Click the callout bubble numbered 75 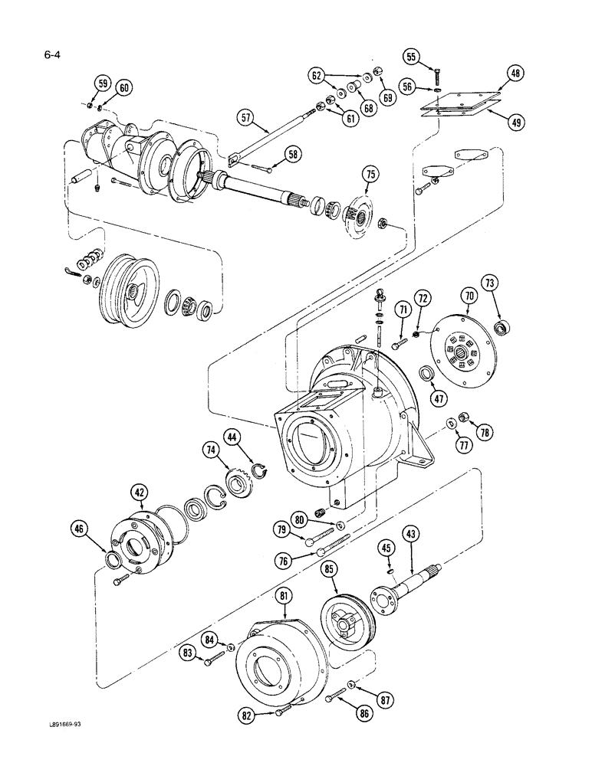[370, 175]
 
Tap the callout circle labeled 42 [139, 492]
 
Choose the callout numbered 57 [245, 119]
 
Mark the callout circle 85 [329, 569]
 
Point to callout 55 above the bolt [412, 57]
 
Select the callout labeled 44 [233, 437]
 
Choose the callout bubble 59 [101, 83]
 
